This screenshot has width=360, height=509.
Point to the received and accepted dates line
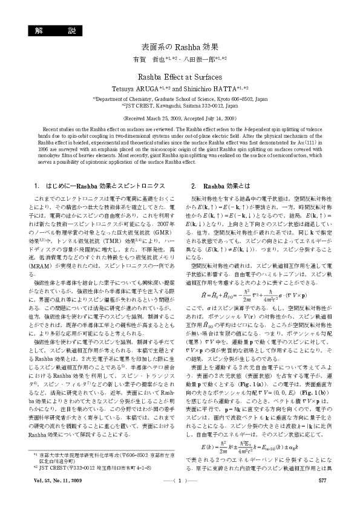(x=180, y=119)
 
